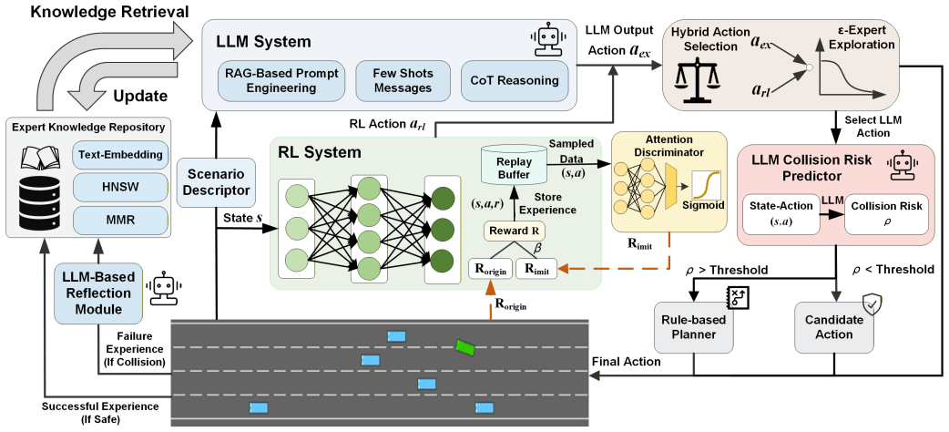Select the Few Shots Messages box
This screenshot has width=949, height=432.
pos(403,80)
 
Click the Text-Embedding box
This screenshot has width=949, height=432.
pos(120,155)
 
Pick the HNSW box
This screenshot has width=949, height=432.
pos(120,187)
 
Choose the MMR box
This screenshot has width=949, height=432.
pos(120,220)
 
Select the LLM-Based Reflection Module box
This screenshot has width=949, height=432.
pos(97,293)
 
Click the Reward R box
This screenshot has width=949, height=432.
pos(514,231)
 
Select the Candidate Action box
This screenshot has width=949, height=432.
pos(834,327)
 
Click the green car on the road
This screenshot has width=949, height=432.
pos(466,346)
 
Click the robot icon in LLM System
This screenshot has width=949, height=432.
pos(549,39)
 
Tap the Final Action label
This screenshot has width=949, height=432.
pos(626,362)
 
